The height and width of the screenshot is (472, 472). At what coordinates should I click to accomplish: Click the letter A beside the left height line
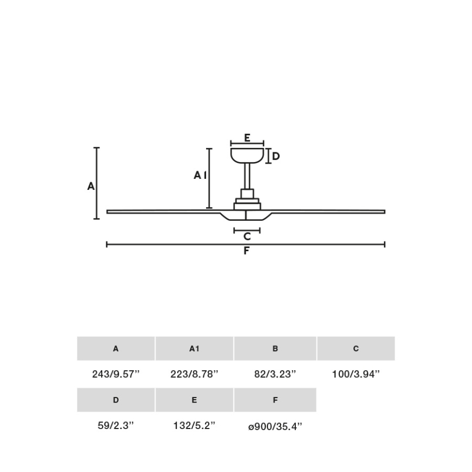[91, 186]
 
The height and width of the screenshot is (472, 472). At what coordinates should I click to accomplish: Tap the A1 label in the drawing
[200, 175]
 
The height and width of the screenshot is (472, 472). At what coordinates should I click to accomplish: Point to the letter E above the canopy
[247, 138]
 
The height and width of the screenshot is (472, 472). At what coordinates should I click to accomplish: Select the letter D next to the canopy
[276, 157]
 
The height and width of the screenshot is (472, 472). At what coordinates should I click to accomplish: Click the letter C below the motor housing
[247, 237]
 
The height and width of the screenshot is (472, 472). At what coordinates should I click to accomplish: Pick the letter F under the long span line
[246, 251]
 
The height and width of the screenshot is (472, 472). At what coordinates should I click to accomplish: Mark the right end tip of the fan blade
[383, 212]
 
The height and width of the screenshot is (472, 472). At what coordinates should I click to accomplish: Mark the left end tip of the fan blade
[108, 212]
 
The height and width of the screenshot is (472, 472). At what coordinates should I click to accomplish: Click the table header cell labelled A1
[194, 349]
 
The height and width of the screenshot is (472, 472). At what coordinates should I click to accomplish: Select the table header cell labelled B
[275, 349]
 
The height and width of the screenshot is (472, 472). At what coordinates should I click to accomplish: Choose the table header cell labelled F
[275, 400]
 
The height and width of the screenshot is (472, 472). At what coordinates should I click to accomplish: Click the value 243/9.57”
[116, 374]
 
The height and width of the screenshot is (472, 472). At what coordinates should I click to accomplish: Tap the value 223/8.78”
[194, 374]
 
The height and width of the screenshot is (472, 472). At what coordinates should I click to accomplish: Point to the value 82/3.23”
[275, 374]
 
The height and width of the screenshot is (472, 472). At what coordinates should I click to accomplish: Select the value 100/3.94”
[356, 374]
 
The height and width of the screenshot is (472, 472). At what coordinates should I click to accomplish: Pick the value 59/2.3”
[116, 426]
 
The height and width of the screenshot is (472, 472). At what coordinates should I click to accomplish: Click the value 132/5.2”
[194, 426]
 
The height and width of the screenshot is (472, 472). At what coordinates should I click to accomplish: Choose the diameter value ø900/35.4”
[275, 426]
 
